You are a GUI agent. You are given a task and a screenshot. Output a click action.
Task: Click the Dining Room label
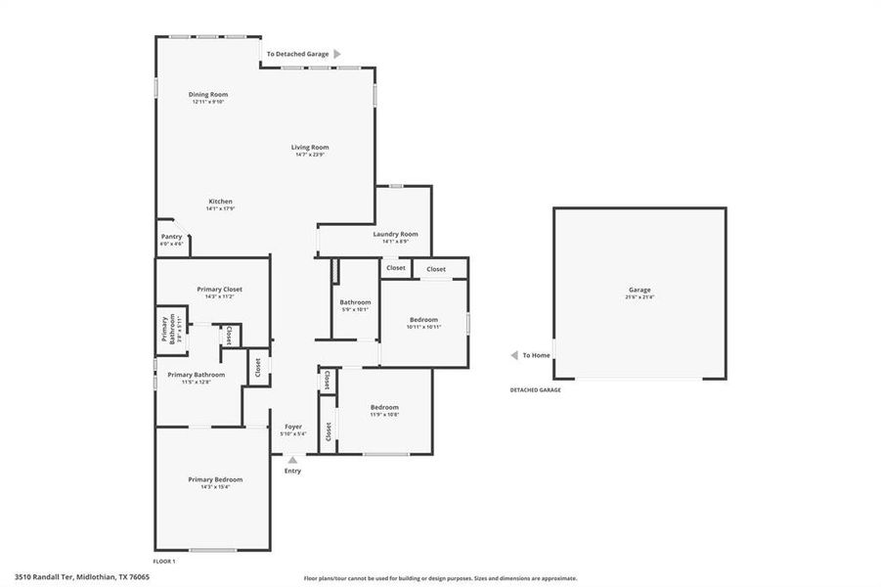pos(208,94)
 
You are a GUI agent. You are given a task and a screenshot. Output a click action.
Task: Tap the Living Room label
pos(309,147)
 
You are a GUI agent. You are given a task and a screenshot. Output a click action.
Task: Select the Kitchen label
pos(219,201)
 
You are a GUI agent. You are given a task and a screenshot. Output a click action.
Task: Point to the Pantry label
pos(171,236)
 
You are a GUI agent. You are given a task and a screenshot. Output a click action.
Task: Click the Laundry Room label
pos(395,234)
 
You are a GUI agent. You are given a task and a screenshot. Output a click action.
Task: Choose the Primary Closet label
pos(219,289)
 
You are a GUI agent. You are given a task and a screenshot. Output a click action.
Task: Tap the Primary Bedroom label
pos(215,478)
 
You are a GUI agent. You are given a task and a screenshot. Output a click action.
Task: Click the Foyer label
pos(292,427)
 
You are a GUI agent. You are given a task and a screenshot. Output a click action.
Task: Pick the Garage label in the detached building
pos(639,289)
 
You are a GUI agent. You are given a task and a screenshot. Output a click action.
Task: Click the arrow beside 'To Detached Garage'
pos(337,54)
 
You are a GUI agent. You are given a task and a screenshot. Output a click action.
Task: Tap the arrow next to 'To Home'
pos(513,355)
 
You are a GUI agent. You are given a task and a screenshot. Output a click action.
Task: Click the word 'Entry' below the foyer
pos(292,471)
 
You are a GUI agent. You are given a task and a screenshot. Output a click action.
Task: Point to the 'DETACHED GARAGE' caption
pos(535,389)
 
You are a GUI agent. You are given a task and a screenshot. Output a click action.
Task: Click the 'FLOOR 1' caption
pos(163,562)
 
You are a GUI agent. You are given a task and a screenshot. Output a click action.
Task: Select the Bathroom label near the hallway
pos(355,302)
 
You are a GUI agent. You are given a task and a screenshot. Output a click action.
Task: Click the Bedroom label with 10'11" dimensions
pos(423,320)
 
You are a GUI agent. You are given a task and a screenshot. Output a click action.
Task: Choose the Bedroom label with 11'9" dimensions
pos(384,407)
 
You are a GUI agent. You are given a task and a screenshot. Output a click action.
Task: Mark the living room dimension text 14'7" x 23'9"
pos(309,155)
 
